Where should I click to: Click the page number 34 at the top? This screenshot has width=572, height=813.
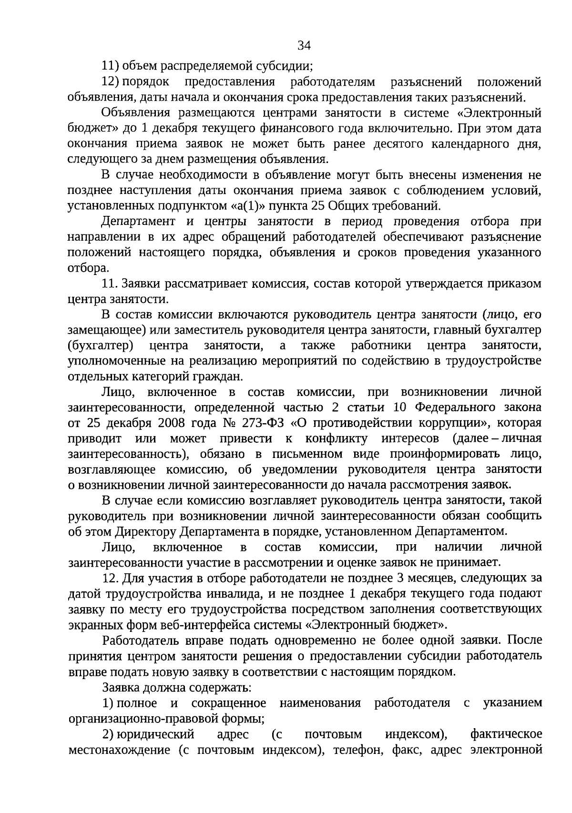point(304,46)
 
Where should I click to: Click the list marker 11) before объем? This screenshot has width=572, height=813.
point(111,66)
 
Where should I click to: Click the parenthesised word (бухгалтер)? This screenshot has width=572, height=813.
point(101,345)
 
